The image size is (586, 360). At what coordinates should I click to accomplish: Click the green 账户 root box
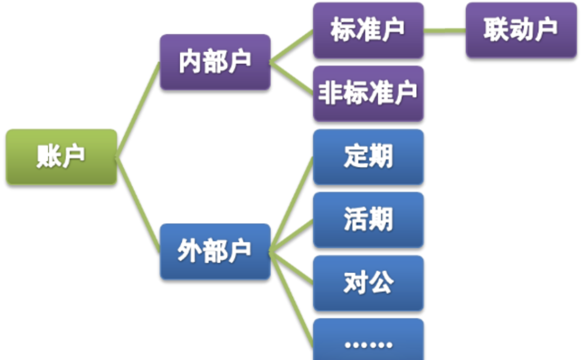pyautogui.click(x=61, y=156)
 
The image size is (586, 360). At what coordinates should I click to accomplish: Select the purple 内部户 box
pyautogui.click(x=215, y=62)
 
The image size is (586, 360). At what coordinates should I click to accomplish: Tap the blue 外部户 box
pyautogui.click(x=215, y=251)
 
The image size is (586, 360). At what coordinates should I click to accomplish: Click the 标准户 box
pyautogui.click(x=368, y=30)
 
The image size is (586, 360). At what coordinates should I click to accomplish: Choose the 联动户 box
pyautogui.click(x=521, y=30)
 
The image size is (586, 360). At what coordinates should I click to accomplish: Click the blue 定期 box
pyautogui.click(x=368, y=157)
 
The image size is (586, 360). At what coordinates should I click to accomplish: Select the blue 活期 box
pyautogui.click(x=368, y=220)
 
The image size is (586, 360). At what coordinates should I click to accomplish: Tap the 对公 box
pyautogui.click(x=368, y=283)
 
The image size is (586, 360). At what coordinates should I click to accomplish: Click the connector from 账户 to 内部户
pyautogui.click(x=138, y=109)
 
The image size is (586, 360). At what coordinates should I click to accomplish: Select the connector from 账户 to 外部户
pyautogui.click(x=138, y=205)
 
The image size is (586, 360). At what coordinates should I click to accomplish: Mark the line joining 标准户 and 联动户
pyautogui.click(x=444, y=30)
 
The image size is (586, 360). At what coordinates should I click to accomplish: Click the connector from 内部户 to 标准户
pyautogui.click(x=292, y=46)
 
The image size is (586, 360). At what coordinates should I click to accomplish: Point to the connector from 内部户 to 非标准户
pyautogui.click(x=292, y=78)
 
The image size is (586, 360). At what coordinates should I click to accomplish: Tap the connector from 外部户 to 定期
pyautogui.click(x=292, y=204)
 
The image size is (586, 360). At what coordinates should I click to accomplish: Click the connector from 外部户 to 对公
pyautogui.click(x=292, y=267)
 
